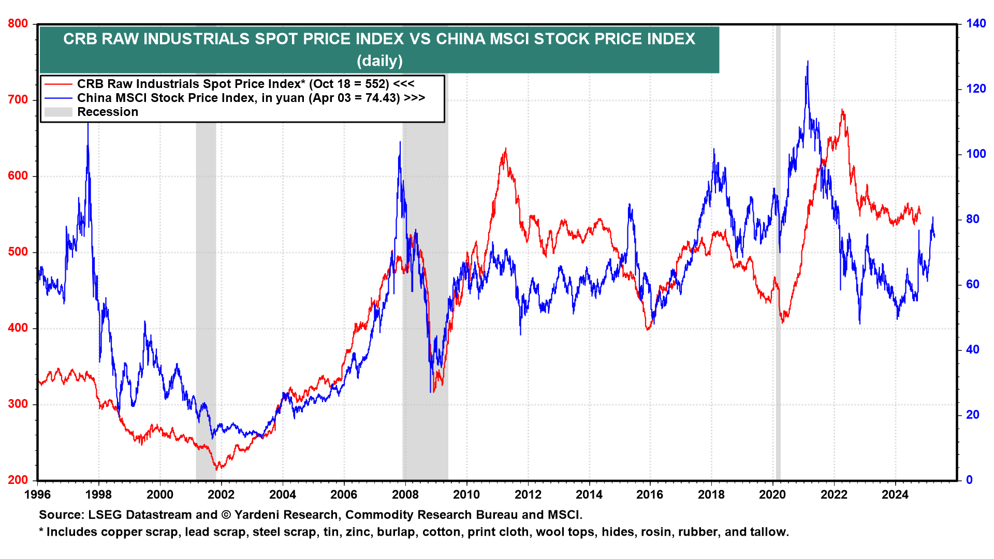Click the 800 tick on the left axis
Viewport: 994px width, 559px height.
pos(18,24)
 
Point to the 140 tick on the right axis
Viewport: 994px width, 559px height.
pos(975,24)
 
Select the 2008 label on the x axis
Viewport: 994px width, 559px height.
pos(405,495)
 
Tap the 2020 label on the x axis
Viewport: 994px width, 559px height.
pos(772,495)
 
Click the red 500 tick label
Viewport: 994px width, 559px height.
pos(18,252)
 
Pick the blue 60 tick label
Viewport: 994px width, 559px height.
pos(972,285)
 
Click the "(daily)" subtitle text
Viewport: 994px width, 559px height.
pos(379,61)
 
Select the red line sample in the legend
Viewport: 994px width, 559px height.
pos(58,84)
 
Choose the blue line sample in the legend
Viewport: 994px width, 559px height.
pos(58,98)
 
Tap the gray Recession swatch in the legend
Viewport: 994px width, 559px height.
pos(58,112)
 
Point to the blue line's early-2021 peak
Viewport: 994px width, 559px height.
pos(808,62)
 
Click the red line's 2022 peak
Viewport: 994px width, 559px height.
pos(842,110)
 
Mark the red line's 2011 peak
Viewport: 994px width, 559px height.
pos(505,149)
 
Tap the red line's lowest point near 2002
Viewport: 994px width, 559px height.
pos(217,469)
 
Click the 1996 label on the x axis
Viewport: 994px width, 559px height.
pos(38,495)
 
